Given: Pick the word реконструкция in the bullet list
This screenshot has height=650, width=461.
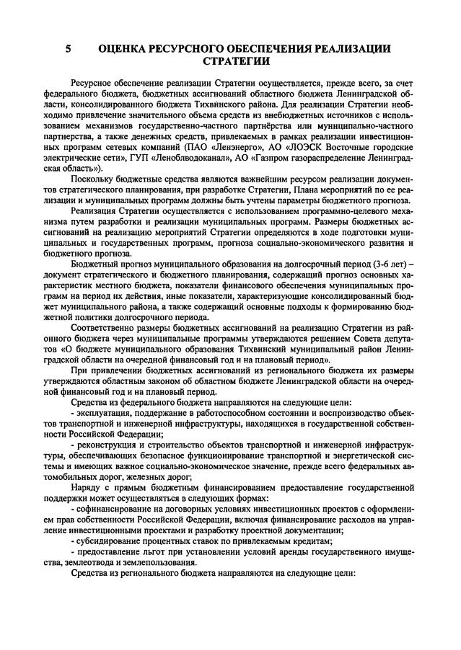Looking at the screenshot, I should tap(107, 446).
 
